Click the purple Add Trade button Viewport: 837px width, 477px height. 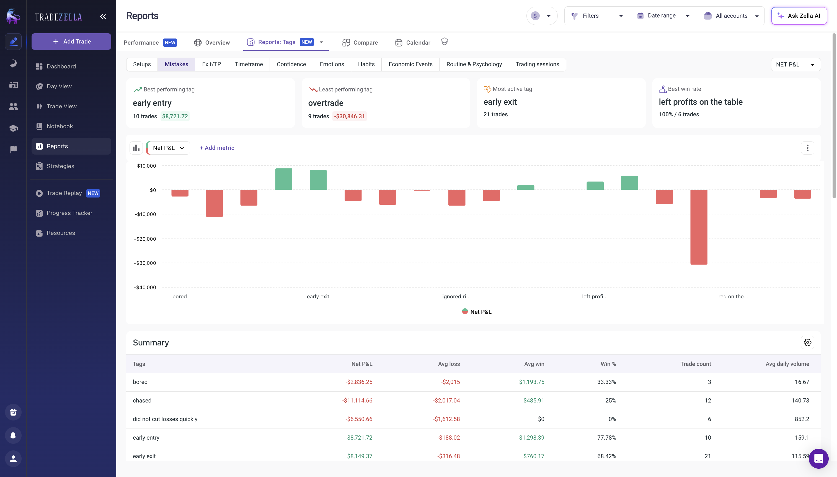click(71, 42)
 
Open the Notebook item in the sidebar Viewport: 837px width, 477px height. click(60, 126)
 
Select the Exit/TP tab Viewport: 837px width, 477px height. click(211, 64)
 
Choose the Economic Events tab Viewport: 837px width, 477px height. click(410, 64)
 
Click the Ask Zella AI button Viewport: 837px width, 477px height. click(799, 16)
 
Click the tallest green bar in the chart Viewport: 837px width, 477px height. click(283, 179)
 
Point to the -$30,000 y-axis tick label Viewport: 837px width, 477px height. click(145, 263)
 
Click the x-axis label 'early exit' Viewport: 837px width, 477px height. click(317, 296)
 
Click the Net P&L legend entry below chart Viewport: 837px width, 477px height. click(477, 312)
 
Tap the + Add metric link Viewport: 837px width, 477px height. click(217, 148)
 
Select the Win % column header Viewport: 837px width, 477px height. click(608, 364)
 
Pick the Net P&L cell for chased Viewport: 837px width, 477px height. click(357, 400)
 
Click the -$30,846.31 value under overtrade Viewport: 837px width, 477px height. click(349, 116)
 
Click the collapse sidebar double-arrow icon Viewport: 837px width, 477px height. click(103, 17)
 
